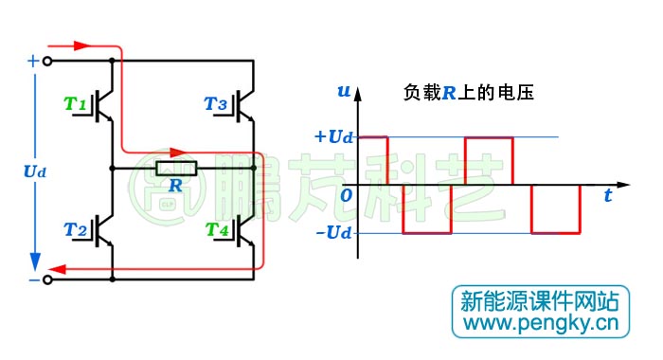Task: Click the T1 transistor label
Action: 76,101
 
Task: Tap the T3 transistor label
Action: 216,101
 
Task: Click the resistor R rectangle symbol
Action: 176,169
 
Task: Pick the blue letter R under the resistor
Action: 175,186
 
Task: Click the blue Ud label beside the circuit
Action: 34,171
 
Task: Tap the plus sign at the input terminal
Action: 33,60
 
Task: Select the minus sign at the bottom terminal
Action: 33,280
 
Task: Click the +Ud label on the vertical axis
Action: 333,136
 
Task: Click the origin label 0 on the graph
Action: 347,194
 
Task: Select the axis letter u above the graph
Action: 343,91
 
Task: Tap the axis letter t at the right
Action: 607,196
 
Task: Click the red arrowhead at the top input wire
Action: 80,44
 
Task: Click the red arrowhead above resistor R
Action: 175,151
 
